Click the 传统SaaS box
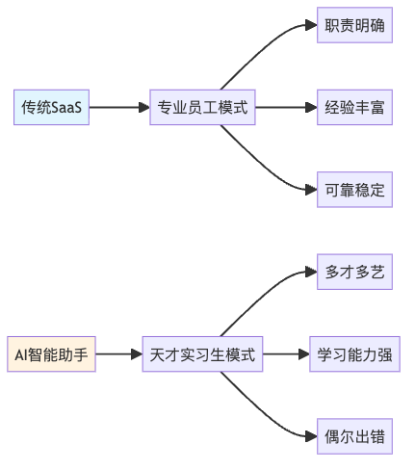pyautogui.click(x=51, y=107)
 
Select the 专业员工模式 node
pyautogui.click(x=202, y=107)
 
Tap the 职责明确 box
pyautogui.click(x=354, y=25)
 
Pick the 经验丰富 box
pyautogui.click(x=354, y=107)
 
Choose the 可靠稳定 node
pyautogui.click(x=354, y=190)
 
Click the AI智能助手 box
pyautogui.click(x=51, y=354)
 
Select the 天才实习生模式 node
pyautogui.click(x=202, y=354)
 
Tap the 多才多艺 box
pyautogui.click(x=354, y=272)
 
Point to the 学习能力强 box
pyautogui.click(x=354, y=354)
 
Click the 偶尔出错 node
pyautogui.click(x=354, y=436)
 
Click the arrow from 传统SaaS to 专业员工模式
pyautogui.click(x=119, y=107)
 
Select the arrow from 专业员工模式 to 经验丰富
pyautogui.click(x=286, y=107)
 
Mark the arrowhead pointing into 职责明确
pyautogui.click(x=311, y=25)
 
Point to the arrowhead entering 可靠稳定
pyautogui.click(x=311, y=190)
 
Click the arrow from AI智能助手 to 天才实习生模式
pyautogui.click(x=119, y=354)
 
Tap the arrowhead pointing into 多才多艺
pyautogui.click(x=311, y=272)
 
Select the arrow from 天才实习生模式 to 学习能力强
pyautogui.click(x=286, y=354)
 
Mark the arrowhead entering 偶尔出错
pyautogui.click(x=311, y=436)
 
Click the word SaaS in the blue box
pyautogui.click(x=66, y=107)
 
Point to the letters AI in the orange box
pyautogui.click(x=21, y=354)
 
